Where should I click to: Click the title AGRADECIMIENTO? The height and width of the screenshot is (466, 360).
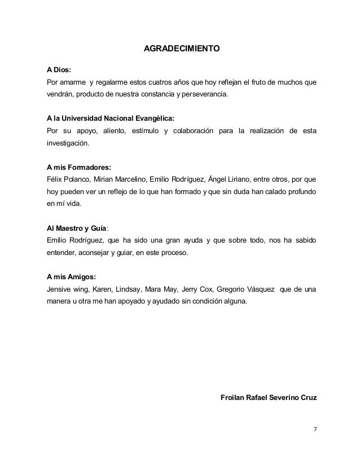click(x=180, y=49)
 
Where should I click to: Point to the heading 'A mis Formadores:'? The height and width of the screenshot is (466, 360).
click(x=78, y=167)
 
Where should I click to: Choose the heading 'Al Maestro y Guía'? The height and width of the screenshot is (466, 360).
click(x=76, y=229)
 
